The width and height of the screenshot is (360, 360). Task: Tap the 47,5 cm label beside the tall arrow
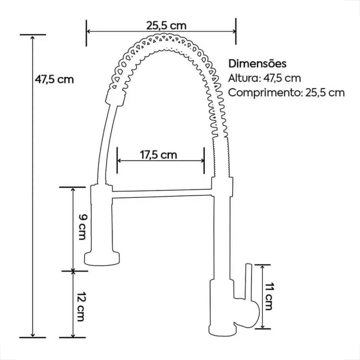pos(54,79)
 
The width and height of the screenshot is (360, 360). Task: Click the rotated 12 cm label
pos(81,305)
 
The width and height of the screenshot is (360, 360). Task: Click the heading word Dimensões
pos(258,64)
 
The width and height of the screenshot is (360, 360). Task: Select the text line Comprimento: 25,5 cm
pos(287,93)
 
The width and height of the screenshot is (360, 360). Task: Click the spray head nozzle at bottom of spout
pos(102,258)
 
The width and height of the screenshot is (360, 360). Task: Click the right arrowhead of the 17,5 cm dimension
pos(202,161)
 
